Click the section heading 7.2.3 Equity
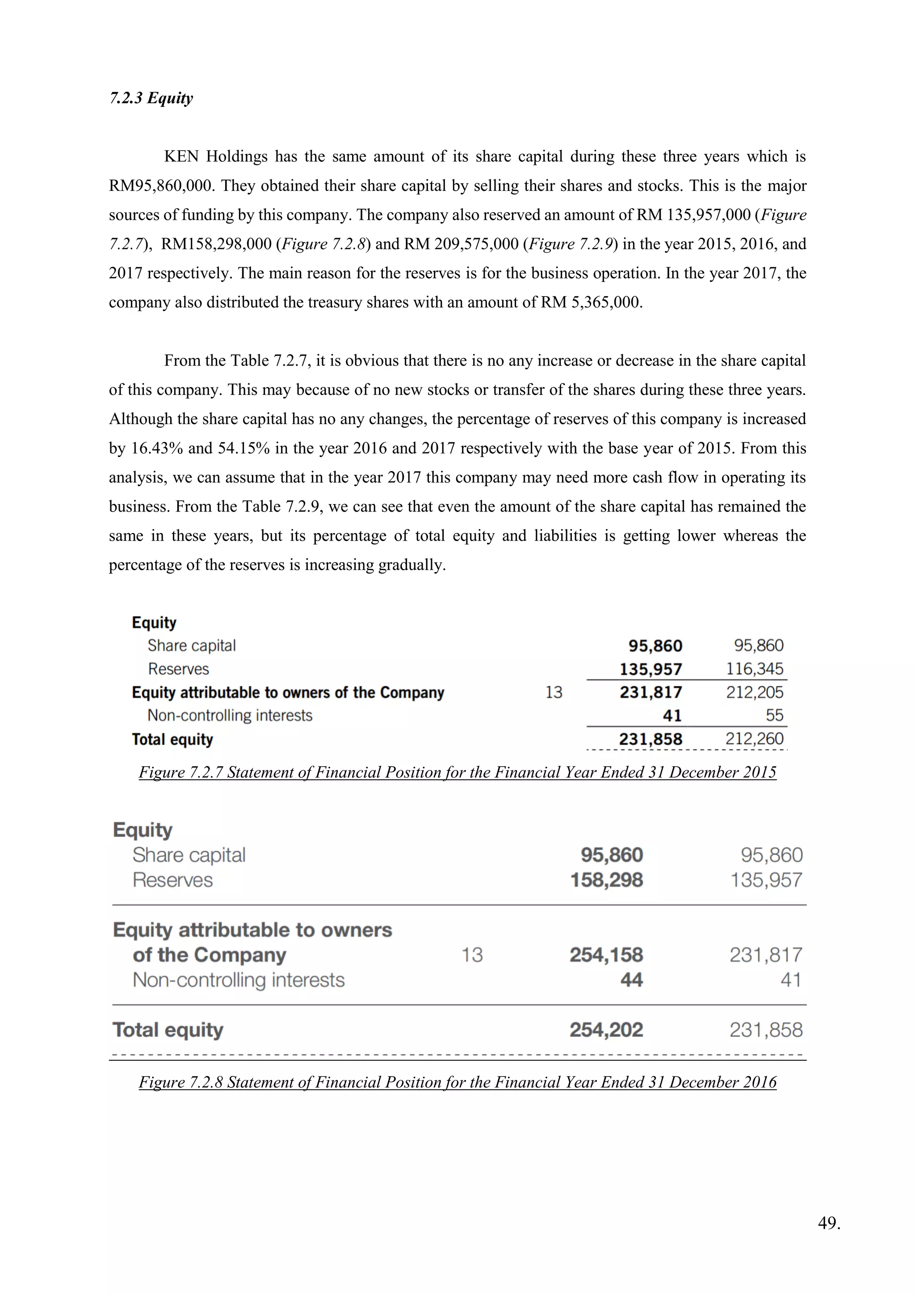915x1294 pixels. coord(151,98)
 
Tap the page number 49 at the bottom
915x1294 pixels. coord(828,1238)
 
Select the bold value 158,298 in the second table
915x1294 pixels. coord(606,880)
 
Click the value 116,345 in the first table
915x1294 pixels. coord(755,669)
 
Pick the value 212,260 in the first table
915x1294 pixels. coord(755,739)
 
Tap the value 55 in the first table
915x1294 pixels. coord(774,715)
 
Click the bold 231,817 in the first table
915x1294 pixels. coord(651,692)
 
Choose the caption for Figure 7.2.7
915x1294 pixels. coord(457,772)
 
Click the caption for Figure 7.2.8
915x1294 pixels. coord(457,1082)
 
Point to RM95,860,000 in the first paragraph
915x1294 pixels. coord(162,186)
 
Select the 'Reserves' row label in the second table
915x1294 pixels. coord(172,880)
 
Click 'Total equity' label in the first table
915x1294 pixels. coord(172,739)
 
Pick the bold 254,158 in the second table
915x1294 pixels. coord(606,955)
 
